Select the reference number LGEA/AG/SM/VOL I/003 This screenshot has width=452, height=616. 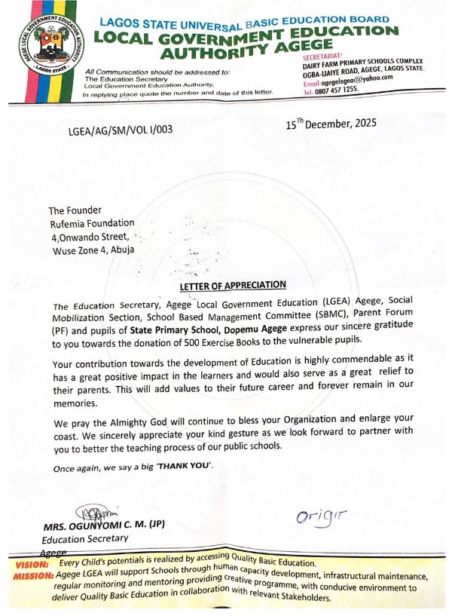tap(120, 129)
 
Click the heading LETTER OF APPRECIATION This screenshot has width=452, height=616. tap(233, 284)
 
